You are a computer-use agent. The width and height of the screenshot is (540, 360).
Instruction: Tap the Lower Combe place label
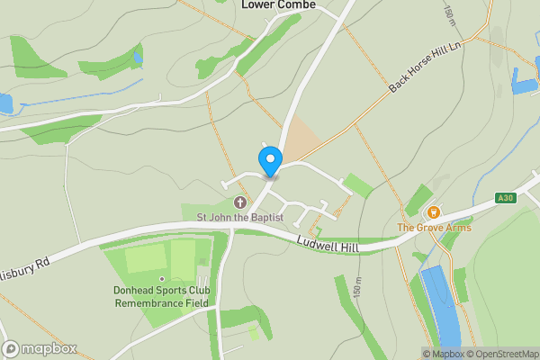[x=278, y=5]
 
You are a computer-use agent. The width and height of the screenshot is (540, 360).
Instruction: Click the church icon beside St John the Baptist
[x=239, y=202]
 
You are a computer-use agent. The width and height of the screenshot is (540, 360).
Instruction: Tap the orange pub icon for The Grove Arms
[x=434, y=212]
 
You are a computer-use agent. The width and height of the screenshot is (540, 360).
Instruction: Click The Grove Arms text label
[x=434, y=228]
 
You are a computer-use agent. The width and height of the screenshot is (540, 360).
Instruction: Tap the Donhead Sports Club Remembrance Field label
[x=162, y=297]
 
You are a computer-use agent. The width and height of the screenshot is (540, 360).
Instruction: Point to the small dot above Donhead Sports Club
[x=163, y=277]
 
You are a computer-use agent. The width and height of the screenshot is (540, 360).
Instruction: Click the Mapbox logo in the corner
[x=40, y=348]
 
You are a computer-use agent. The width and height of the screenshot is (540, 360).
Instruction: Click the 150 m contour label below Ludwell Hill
[x=357, y=287]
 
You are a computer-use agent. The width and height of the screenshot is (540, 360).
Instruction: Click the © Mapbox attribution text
[x=443, y=354]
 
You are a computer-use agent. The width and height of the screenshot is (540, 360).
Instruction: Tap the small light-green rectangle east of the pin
[x=357, y=185]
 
